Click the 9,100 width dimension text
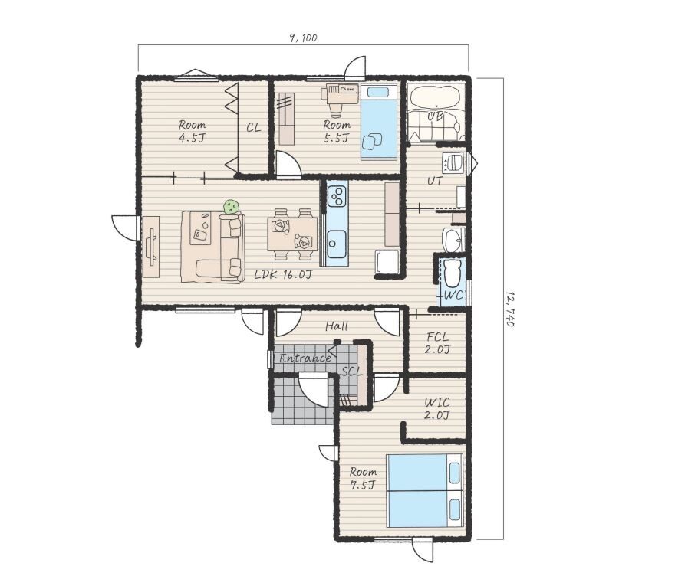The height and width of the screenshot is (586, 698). (303, 38)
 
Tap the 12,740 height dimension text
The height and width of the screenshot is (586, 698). (510, 309)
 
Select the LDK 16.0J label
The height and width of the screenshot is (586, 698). (283, 274)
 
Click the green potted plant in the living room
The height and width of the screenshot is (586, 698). (231, 207)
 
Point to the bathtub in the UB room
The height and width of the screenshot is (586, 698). (434, 96)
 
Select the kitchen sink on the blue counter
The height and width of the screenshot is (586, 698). (337, 244)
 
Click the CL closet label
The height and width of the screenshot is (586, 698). (253, 128)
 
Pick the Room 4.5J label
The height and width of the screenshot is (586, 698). (193, 131)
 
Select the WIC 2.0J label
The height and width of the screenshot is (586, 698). (437, 409)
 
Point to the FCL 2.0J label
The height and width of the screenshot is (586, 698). (437, 343)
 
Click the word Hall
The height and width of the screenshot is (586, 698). (337, 326)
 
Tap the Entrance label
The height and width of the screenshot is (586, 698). (305, 358)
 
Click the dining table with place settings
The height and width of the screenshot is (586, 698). (292, 234)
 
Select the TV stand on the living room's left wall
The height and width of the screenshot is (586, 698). (150, 247)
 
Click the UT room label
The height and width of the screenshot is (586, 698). (435, 181)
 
